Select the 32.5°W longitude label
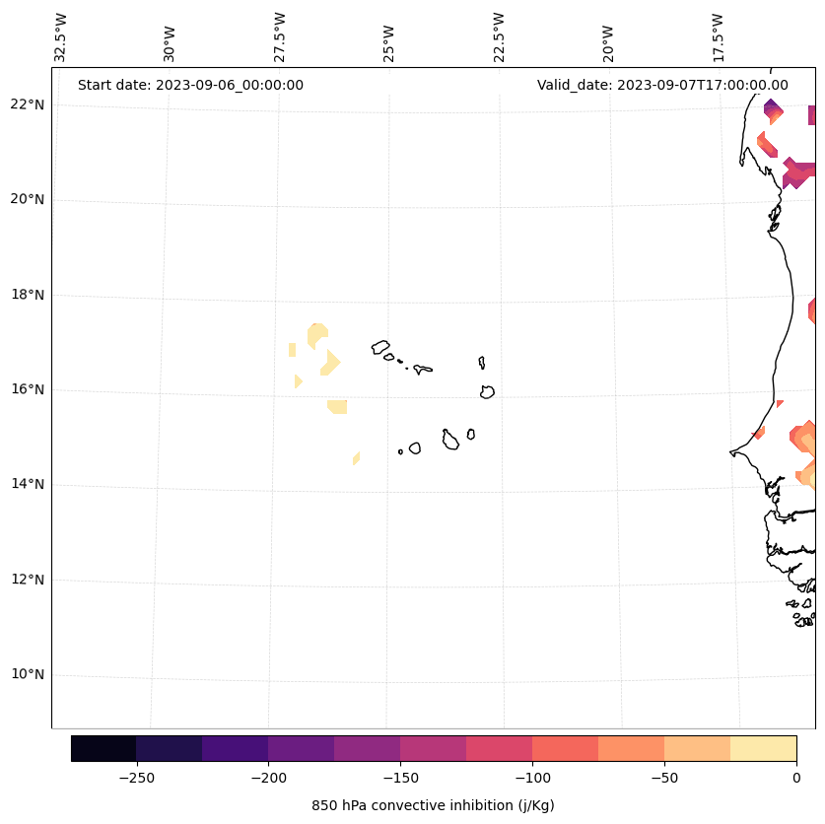click(61, 37)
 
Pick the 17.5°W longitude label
click(718, 37)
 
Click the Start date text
click(190, 85)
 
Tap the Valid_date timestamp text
click(662, 85)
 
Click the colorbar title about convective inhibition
click(433, 805)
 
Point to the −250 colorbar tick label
click(136, 778)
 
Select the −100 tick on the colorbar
click(532, 778)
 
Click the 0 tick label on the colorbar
click(796, 778)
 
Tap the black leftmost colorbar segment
click(103, 748)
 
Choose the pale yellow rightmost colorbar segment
click(763, 748)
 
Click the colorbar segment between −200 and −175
click(301, 748)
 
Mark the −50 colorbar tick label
click(664, 778)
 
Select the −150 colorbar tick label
click(400, 778)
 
